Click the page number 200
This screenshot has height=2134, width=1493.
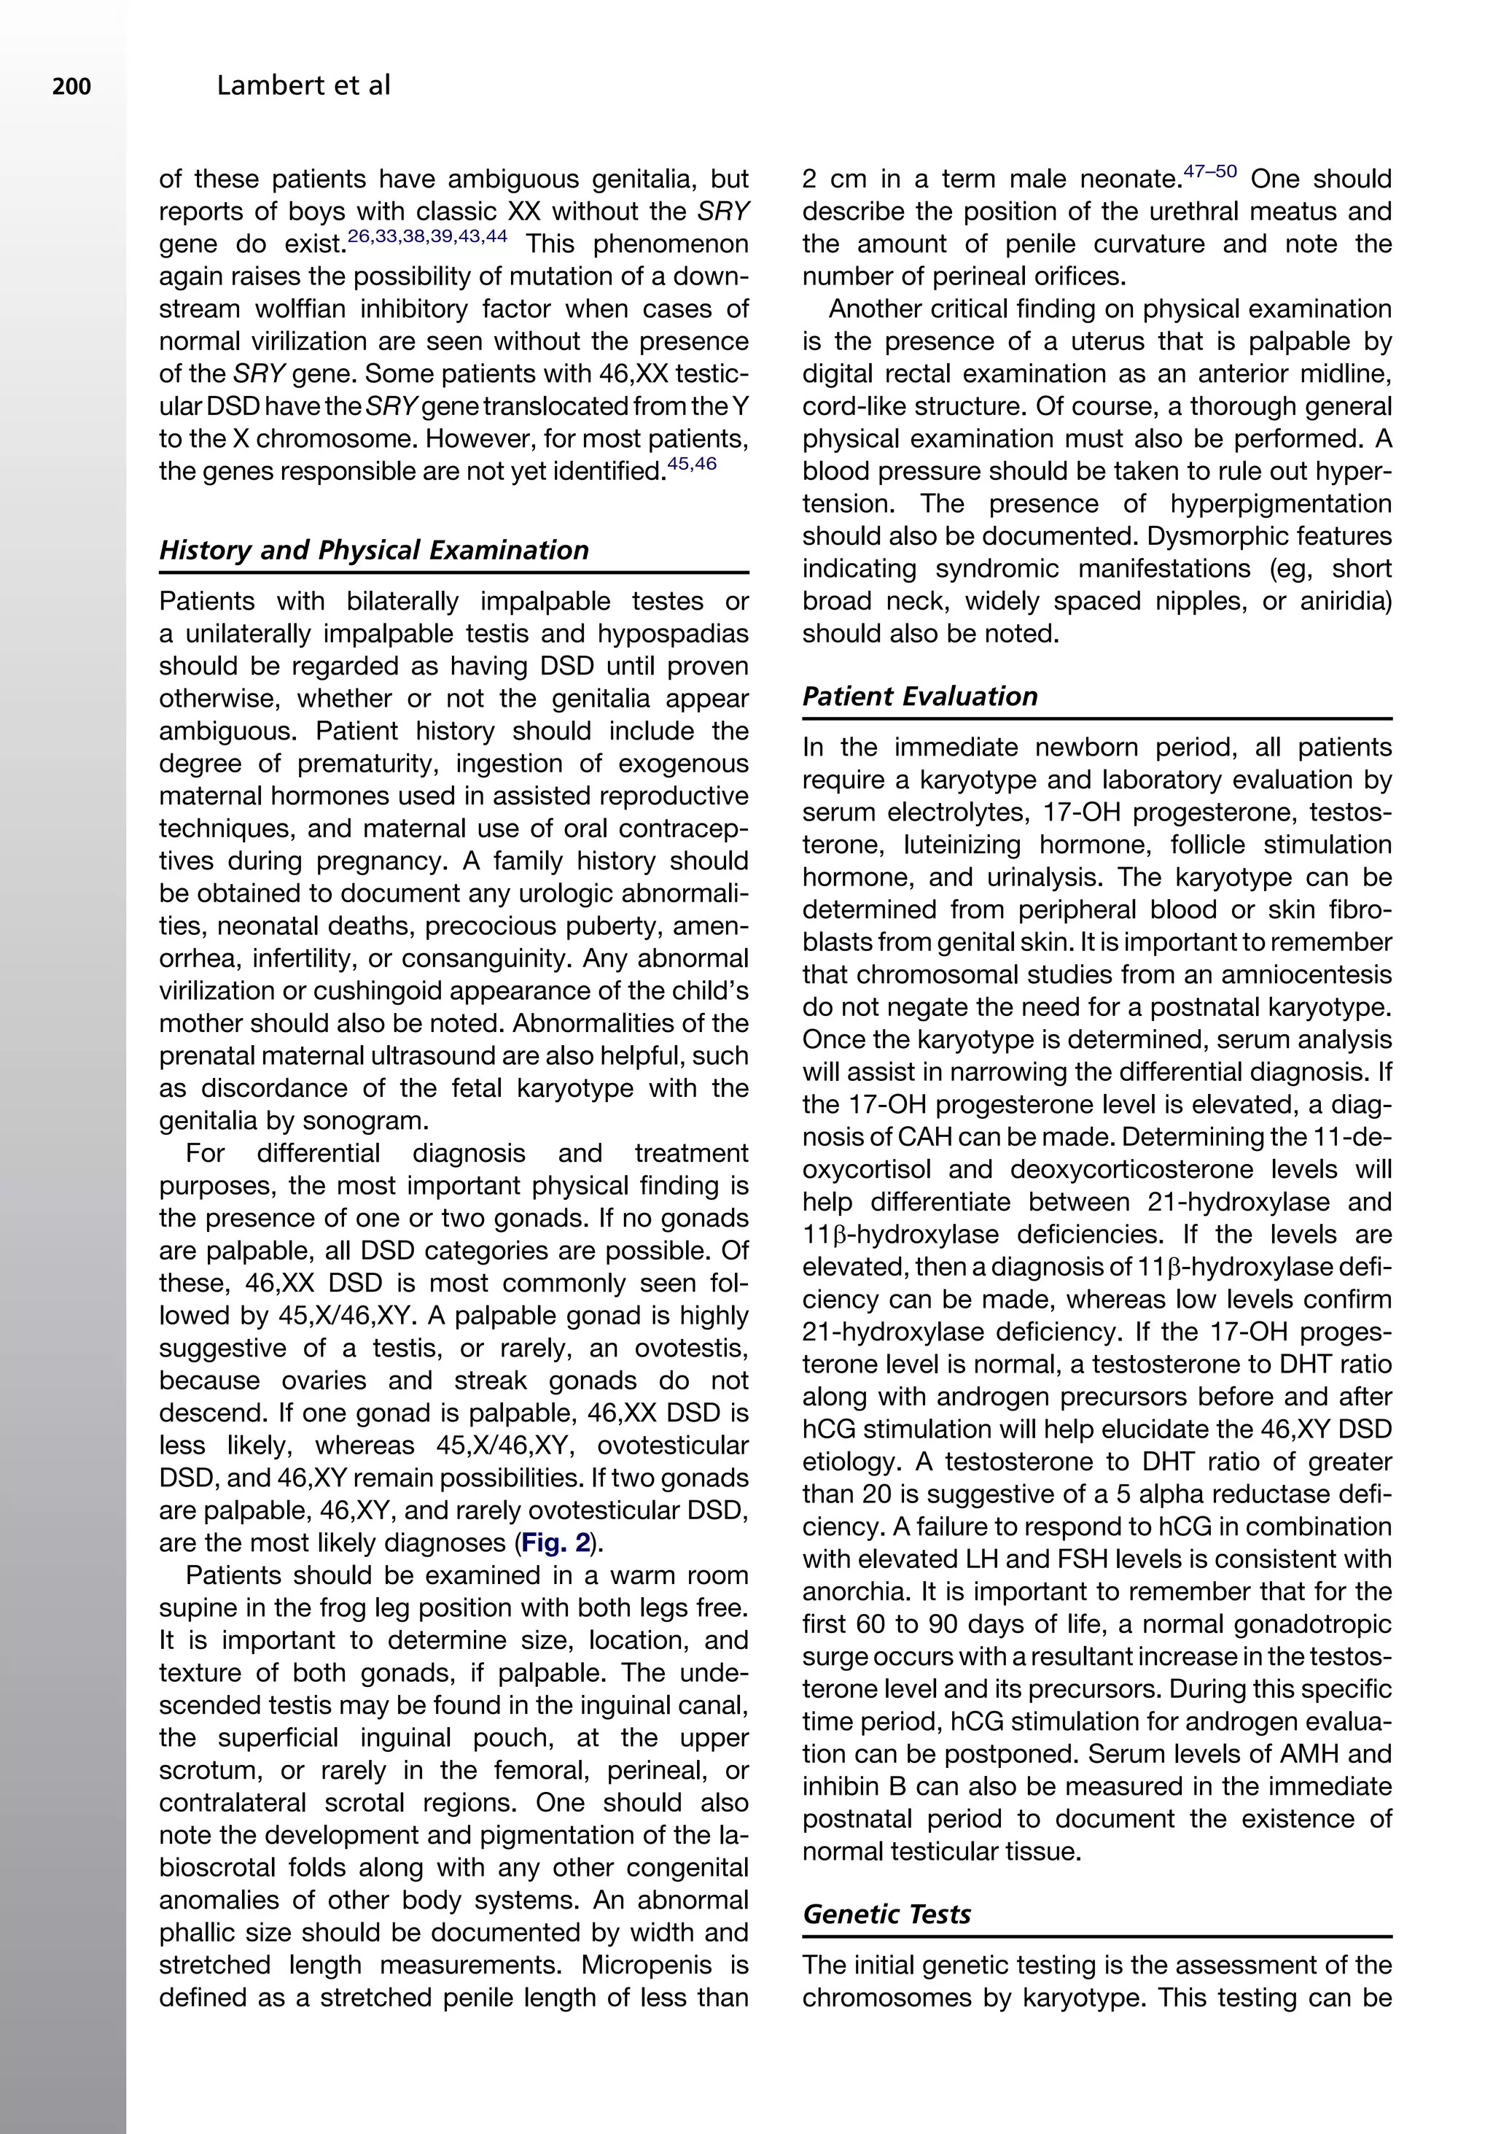71,88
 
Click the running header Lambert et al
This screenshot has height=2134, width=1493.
303,87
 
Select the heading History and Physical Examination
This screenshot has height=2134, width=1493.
373,549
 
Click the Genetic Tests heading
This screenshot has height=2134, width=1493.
886,1914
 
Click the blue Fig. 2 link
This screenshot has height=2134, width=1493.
556,1543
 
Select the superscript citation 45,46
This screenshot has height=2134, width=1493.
692,464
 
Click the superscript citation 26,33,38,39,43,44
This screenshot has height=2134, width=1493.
426,236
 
